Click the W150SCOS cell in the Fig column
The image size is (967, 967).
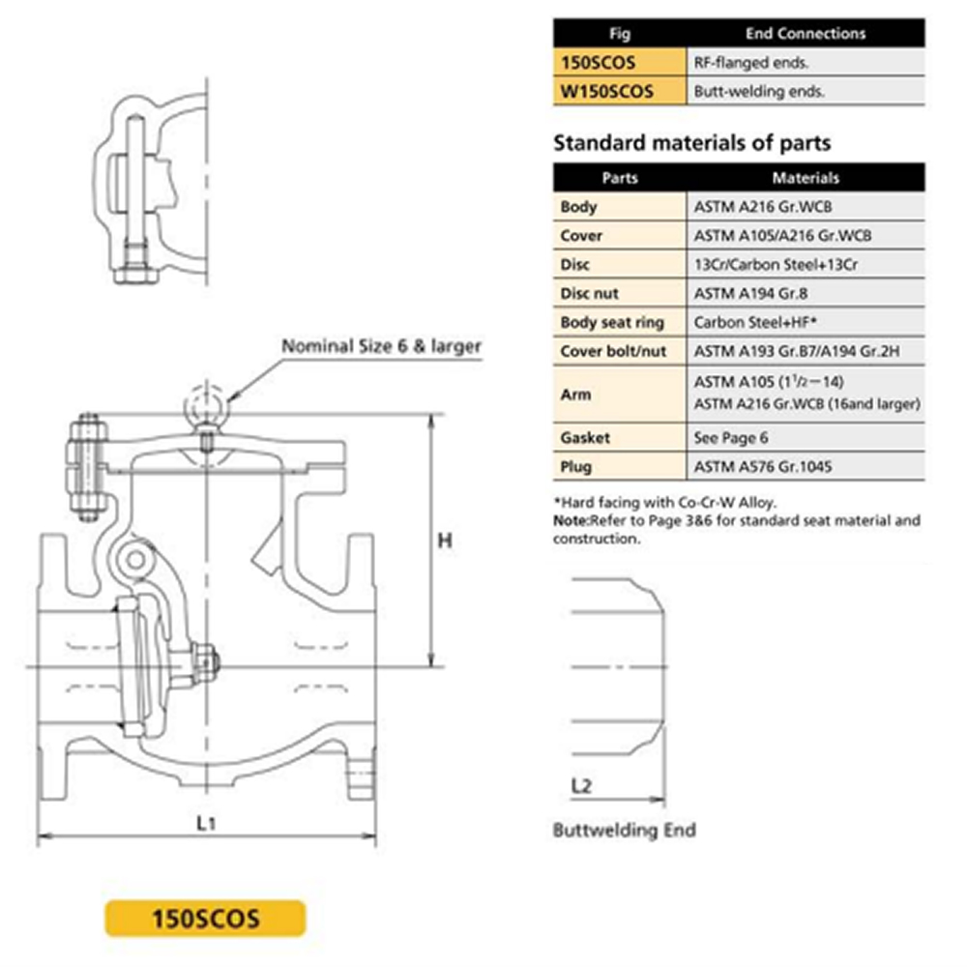tap(619, 91)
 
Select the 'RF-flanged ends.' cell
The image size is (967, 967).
tap(806, 62)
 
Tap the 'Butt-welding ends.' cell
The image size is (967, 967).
tap(806, 91)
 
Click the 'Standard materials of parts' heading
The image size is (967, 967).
tap(692, 143)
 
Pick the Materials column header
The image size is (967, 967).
tap(806, 178)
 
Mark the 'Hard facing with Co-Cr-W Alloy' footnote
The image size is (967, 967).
tap(665, 502)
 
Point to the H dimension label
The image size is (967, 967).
tap(445, 541)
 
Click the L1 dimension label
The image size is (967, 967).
tap(206, 823)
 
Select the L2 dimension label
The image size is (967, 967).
tap(581, 785)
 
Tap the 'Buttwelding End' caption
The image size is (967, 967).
tap(624, 830)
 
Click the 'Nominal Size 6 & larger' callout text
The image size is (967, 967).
tap(381, 346)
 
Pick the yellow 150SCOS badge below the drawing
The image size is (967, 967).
tap(205, 919)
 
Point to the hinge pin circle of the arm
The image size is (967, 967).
tap(136, 560)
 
